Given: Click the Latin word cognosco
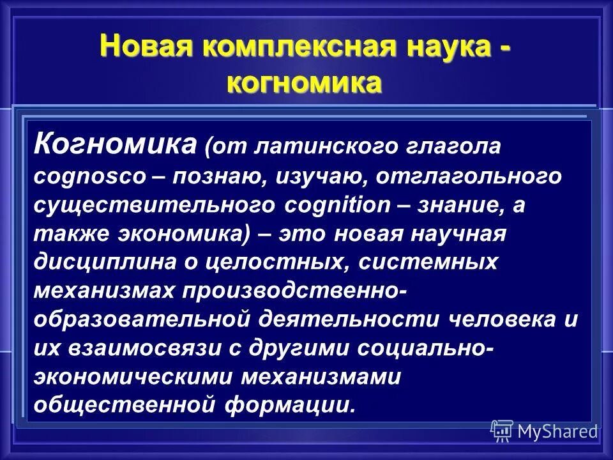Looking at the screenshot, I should (x=90, y=177).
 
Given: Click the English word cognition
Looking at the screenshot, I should (x=332, y=206).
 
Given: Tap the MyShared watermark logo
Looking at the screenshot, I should (x=544, y=431).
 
